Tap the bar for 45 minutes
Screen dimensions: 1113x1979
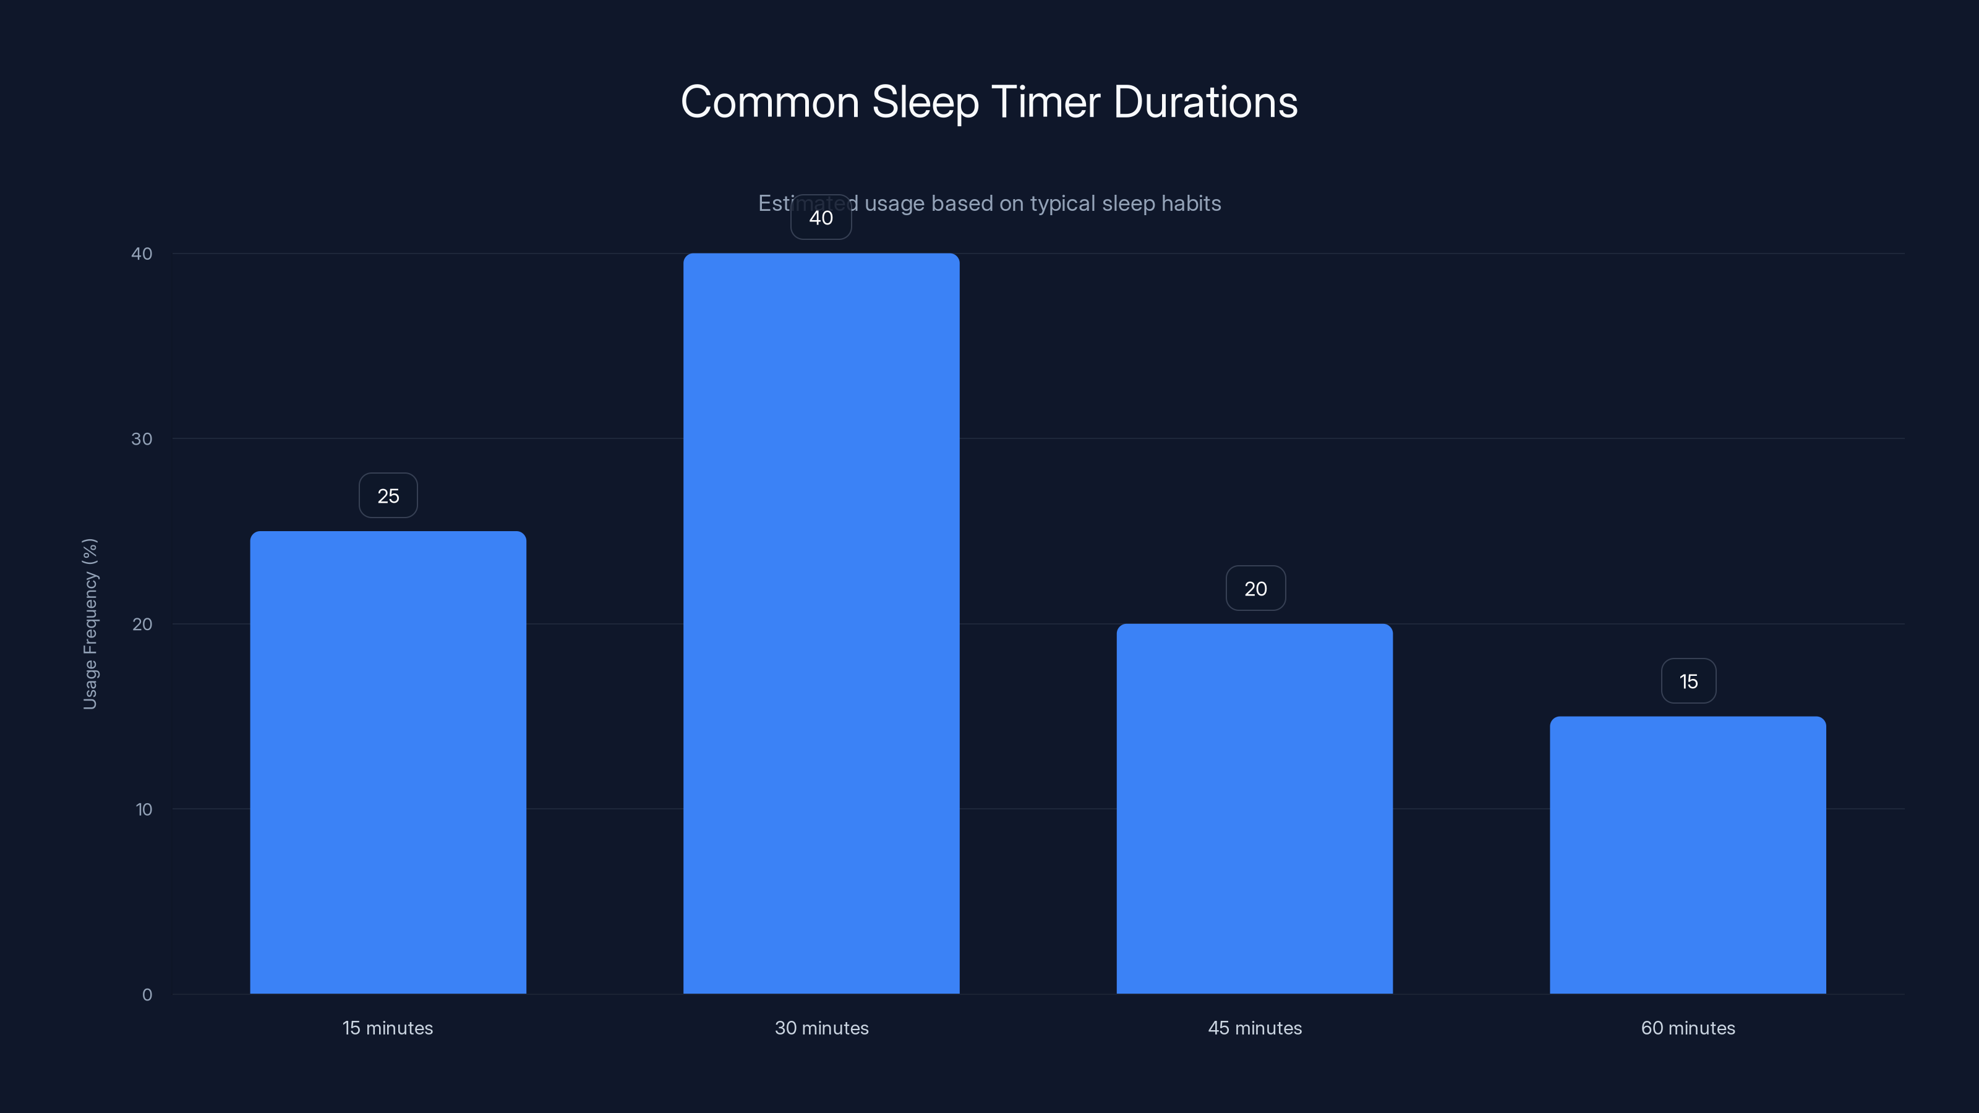click(x=1255, y=808)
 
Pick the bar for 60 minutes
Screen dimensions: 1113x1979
click(x=1688, y=855)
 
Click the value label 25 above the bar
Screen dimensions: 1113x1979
click(x=388, y=496)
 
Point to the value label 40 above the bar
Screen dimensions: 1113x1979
click(x=821, y=218)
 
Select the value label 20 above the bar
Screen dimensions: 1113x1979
click(x=1255, y=589)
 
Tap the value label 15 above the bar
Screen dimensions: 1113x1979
click(x=1688, y=681)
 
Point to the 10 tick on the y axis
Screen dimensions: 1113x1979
click(x=143, y=809)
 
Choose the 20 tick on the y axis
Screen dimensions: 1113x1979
click(x=142, y=624)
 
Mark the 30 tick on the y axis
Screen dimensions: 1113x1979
click(x=142, y=438)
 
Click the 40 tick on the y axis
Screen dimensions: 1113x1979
click(x=142, y=254)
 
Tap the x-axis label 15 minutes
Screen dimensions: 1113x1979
click(x=388, y=1028)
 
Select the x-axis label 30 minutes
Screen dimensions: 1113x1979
click(x=821, y=1028)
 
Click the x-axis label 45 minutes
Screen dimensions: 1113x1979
click(x=1255, y=1028)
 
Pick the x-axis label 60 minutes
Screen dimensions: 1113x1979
click(x=1688, y=1028)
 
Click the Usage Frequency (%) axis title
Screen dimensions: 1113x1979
click(x=90, y=624)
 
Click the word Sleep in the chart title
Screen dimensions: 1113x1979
click(x=925, y=102)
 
